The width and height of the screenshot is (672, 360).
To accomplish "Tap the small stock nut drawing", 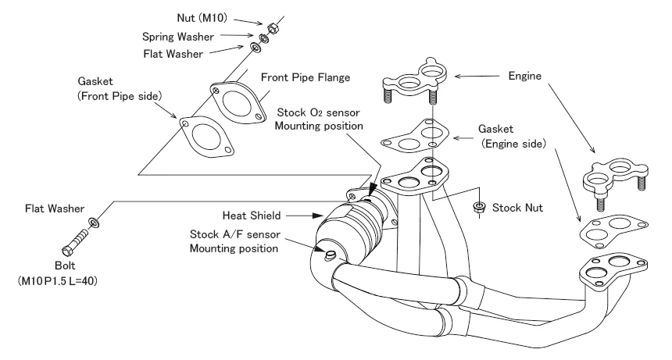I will point(479,207).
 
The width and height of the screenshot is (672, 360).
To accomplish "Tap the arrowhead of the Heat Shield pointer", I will point(319,214).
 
